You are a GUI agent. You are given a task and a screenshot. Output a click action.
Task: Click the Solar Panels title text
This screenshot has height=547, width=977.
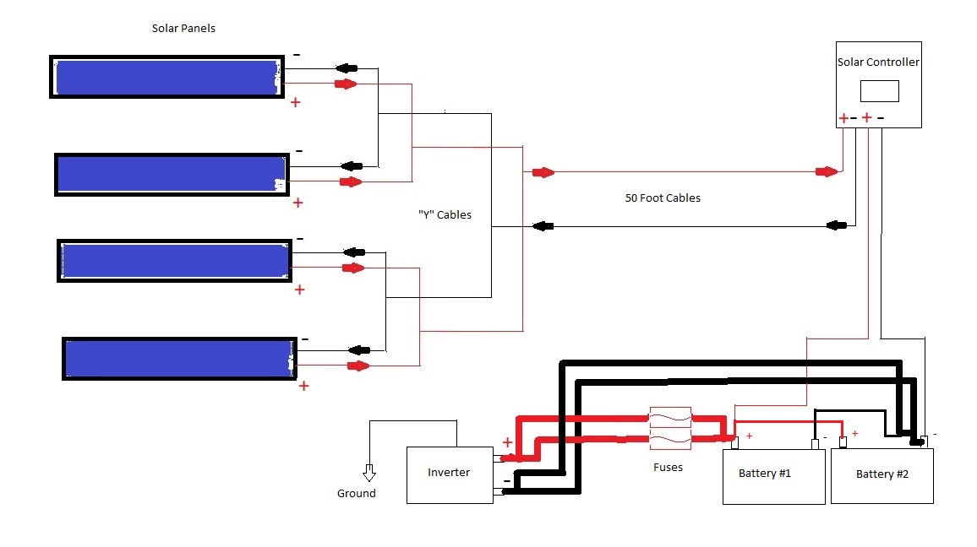(x=183, y=29)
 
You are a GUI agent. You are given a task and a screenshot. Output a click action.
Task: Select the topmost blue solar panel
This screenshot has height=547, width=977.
(x=166, y=78)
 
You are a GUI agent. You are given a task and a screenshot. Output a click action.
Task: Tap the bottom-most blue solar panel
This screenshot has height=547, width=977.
(x=178, y=359)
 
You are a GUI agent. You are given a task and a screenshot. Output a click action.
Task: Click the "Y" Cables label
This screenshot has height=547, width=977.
(x=444, y=215)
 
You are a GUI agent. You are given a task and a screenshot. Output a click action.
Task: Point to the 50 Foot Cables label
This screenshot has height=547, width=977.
(x=663, y=198)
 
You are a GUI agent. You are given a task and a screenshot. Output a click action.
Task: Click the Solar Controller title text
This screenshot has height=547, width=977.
(x=878, y=62)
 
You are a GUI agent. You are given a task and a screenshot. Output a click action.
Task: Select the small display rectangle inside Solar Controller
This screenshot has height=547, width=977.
(x=879, y=91)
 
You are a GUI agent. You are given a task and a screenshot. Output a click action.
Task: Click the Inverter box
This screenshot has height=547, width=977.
(x=449, y=475)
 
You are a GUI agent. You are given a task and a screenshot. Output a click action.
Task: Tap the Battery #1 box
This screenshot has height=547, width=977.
(x=773, y=476)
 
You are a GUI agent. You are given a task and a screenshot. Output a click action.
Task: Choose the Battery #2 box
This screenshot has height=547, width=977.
(x=881, y=476)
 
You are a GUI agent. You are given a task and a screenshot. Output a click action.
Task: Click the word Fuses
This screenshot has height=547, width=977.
(x=668, y=467)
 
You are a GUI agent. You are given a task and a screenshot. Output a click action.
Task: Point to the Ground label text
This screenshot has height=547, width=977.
(x=356, y=494)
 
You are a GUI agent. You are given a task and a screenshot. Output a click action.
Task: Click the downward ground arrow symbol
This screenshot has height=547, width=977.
(x=368, y=473)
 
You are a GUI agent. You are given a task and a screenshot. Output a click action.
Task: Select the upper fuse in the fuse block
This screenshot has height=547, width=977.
(x=669, y=416)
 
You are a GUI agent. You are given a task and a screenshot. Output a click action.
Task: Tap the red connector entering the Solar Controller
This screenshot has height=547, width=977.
(x=826, y=172)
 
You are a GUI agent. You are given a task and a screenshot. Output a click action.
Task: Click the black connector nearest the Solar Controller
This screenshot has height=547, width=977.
(x=837, y=225)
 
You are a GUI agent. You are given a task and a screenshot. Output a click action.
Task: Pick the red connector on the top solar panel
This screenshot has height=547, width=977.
(x=346, y=84)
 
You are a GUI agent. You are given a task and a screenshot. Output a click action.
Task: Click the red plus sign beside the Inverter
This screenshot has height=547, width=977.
(x=507, y=442)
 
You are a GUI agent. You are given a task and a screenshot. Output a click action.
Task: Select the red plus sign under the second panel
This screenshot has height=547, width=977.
(x=297, y=203)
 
